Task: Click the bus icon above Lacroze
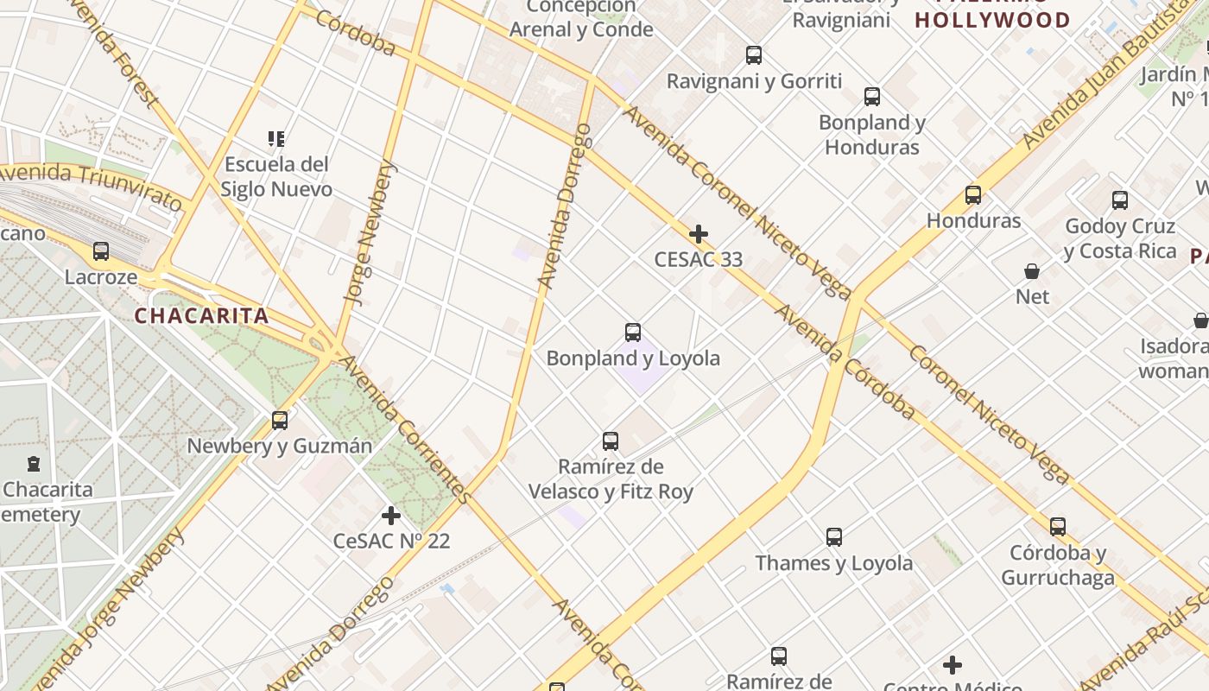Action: [101, 251]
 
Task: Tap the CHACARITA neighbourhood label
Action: [202, 316]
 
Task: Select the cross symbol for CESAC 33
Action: [699, 234]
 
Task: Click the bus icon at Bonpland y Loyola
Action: [633, 333]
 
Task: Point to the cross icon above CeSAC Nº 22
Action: [391, 516]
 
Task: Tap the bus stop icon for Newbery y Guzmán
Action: [280, 421]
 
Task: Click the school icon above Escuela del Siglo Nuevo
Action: [276, 138]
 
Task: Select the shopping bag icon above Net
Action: [1032, 271]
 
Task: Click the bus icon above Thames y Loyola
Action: [834, 537]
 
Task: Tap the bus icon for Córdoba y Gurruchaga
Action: [1058, 527]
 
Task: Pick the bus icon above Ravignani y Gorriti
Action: [754, 55]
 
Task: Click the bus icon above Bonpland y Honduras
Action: [872, 97]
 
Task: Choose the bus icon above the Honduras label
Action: [973, 195]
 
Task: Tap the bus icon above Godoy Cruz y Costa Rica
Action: [1120, 200]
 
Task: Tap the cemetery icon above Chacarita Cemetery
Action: [34, 464]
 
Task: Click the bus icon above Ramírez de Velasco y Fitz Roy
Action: [611, 441]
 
